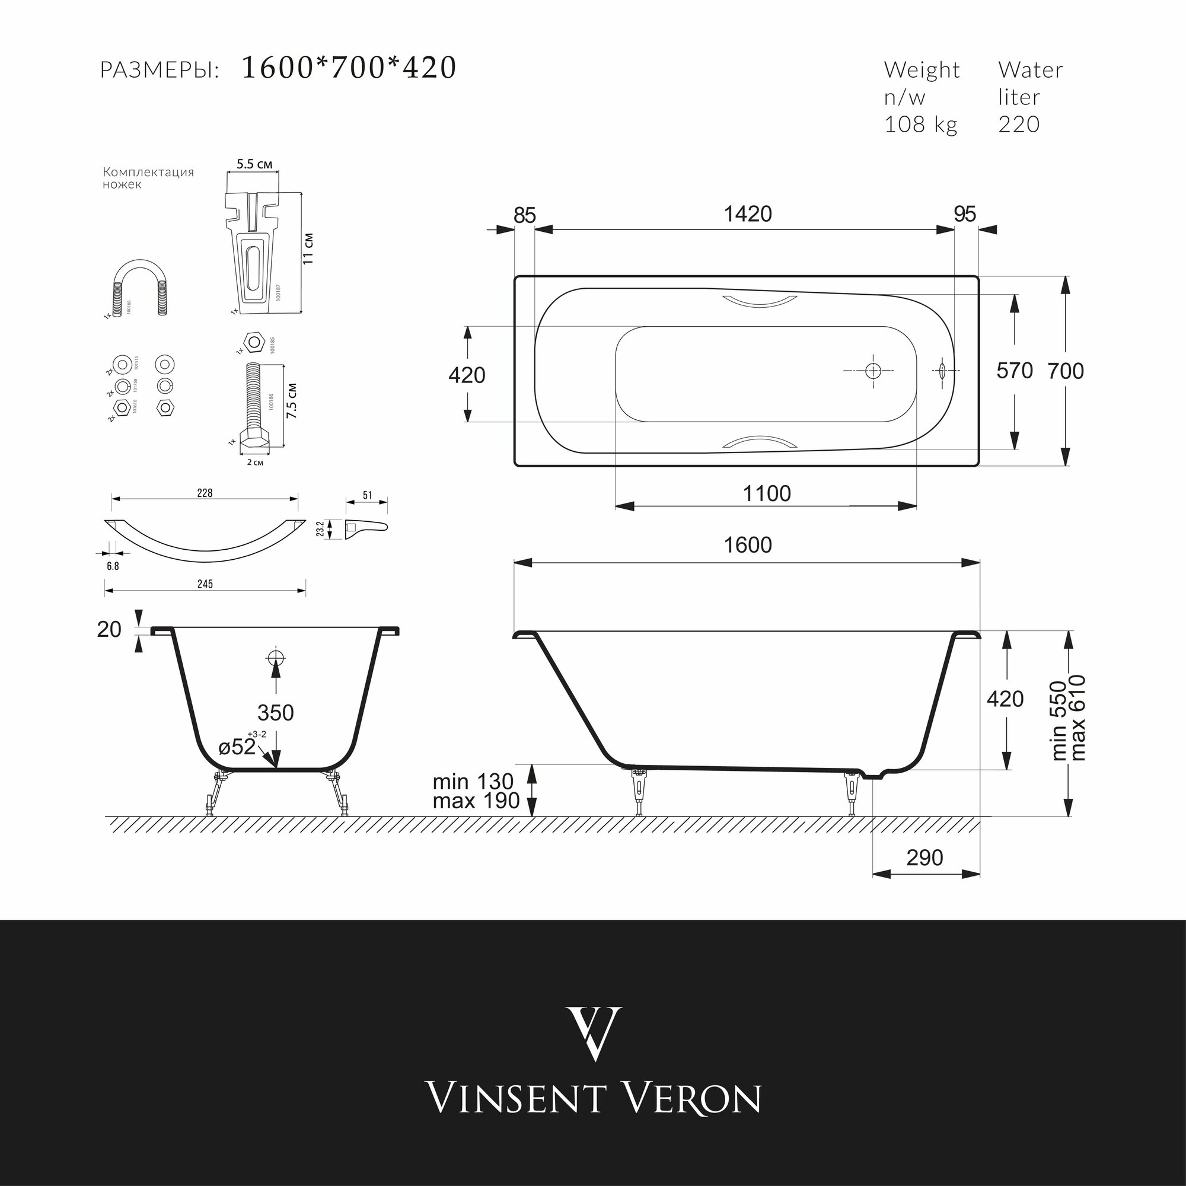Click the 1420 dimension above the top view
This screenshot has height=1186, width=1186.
[x=747, y=214]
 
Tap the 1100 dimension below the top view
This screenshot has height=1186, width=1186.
[x=767, y=493]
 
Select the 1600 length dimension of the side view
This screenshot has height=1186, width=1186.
[x=747, y=545]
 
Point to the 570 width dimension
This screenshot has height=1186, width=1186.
[x=1015, y=371]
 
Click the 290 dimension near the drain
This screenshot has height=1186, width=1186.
[x=924, y=857]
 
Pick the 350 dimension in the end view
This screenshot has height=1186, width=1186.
[x=276, y=713]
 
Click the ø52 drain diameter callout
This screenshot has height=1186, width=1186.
[x=237, y=747]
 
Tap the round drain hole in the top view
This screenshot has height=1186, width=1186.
[x=873, y=371]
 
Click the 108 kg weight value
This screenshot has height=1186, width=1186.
[x=920, y=125]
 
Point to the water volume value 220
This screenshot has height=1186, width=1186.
[x=1018, y=125]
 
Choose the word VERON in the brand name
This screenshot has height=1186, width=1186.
[x=692, y=1098]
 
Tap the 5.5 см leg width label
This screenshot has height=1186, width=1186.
[x=254, y=164]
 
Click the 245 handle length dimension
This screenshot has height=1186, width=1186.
[x=205, y=584]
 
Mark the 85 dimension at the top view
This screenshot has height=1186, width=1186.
[x=524, y=215]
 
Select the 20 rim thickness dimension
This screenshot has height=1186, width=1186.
[x=109, y=629]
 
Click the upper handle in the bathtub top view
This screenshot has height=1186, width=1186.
[x=753, y=301]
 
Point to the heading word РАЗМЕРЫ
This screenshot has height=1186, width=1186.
[x=160, y=71]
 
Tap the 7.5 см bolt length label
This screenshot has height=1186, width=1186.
[x=292, y=401]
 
